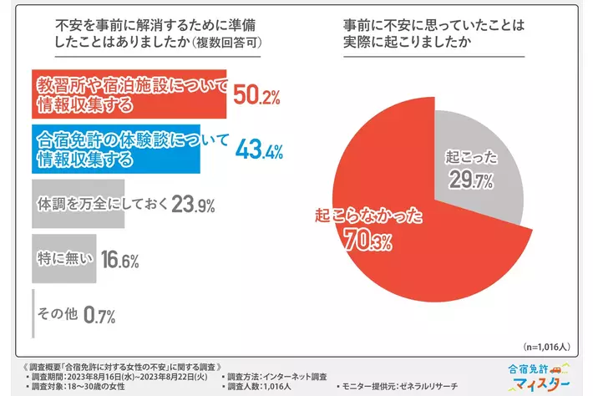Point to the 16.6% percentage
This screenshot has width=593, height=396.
tap(119, 259)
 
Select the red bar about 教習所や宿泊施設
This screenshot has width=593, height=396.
tap(129, 95)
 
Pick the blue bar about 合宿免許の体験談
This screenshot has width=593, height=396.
tap(129, 149)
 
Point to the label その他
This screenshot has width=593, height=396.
tap(58, 313)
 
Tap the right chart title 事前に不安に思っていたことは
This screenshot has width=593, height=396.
tap(433, 26)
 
